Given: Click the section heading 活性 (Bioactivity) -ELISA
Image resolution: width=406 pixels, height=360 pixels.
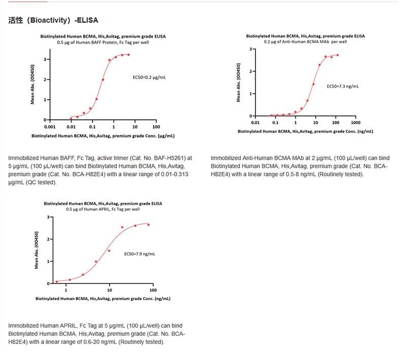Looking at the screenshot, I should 53,21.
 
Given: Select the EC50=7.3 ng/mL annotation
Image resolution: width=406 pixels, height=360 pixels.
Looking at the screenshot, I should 343,86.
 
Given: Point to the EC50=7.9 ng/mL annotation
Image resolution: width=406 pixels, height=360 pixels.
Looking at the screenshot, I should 140,254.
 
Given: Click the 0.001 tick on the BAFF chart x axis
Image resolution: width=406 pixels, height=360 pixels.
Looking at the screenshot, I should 50,127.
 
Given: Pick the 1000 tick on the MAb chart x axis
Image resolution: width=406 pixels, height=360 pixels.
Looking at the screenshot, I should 355,123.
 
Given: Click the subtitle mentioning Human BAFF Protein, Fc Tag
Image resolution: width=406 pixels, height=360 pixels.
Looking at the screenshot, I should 103,42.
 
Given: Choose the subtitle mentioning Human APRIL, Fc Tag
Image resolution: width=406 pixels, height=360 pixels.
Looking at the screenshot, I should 103,209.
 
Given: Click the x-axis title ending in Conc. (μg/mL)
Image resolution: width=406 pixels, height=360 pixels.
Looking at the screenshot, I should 103,136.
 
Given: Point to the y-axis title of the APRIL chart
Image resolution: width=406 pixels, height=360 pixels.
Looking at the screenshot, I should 36,250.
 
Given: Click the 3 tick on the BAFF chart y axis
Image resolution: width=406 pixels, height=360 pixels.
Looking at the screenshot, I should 45,59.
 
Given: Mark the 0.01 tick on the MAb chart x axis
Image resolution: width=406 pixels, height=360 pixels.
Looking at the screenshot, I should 255,123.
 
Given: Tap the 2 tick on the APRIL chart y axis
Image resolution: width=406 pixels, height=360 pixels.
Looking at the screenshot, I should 49,239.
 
